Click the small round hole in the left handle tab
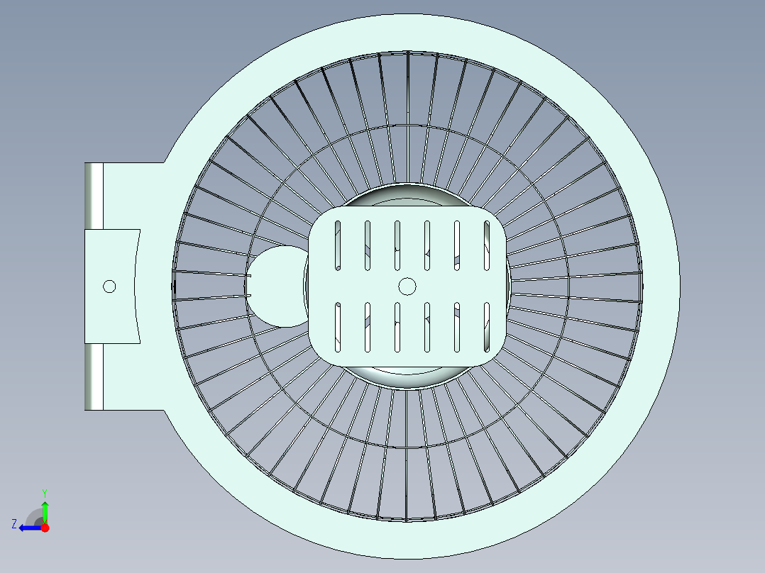pos(109,286)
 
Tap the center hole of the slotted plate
pos(407,286)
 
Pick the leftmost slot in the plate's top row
pos(338,245)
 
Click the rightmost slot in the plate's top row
pos(486,245)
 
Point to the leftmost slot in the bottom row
pos(338,327)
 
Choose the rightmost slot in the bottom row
pos(486,327)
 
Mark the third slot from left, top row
pos(397,245)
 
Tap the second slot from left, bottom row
pos(368,327)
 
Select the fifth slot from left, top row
pos(457,245)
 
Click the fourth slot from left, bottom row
pos(427,327)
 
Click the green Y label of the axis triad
pos(45,493)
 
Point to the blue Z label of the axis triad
pos(14,524)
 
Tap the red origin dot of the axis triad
pos(45,528)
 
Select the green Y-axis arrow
pos(45,511)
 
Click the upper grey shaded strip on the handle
pos(94,196)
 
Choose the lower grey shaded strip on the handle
pos(94,377)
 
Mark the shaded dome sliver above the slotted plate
pos(407,196)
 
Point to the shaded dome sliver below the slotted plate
pos(407,377)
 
